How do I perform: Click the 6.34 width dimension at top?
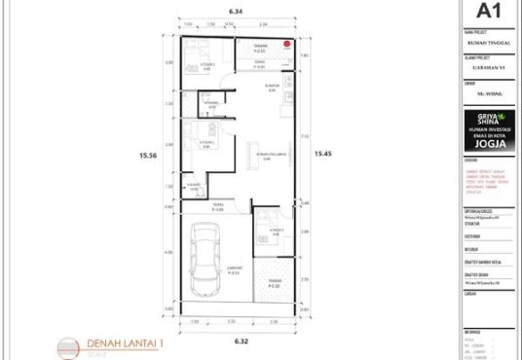click(x=236, y=11)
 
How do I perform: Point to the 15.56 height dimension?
click(x=148, y=154)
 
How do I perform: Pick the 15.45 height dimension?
click(x=322, y=154)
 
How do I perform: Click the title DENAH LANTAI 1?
click(x=127, y=343)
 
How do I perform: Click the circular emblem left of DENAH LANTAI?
click(x=65, y=346)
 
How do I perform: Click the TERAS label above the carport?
click(x=219, y=207)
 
